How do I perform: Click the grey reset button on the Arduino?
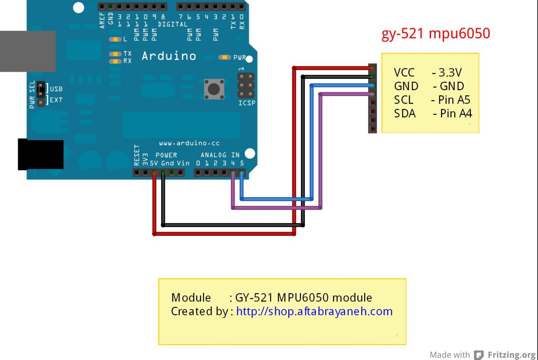214,89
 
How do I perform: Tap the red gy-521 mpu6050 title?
436,34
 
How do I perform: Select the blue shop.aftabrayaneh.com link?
314,311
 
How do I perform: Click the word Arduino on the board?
169,56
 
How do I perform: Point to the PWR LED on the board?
225,57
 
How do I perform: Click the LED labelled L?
115,39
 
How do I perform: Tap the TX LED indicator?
115,54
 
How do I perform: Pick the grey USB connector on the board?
28,51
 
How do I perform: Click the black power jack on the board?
41,154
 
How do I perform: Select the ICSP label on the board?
247,103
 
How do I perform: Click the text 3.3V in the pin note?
450,72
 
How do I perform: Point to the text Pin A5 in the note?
454,100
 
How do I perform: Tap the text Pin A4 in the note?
456,113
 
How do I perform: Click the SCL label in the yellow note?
404,100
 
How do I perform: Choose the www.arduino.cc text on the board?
189,143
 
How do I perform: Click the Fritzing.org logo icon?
478,355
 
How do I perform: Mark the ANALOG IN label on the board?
220,155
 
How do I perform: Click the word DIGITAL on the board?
172,24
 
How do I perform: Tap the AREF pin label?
102,21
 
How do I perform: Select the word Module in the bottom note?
191,297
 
